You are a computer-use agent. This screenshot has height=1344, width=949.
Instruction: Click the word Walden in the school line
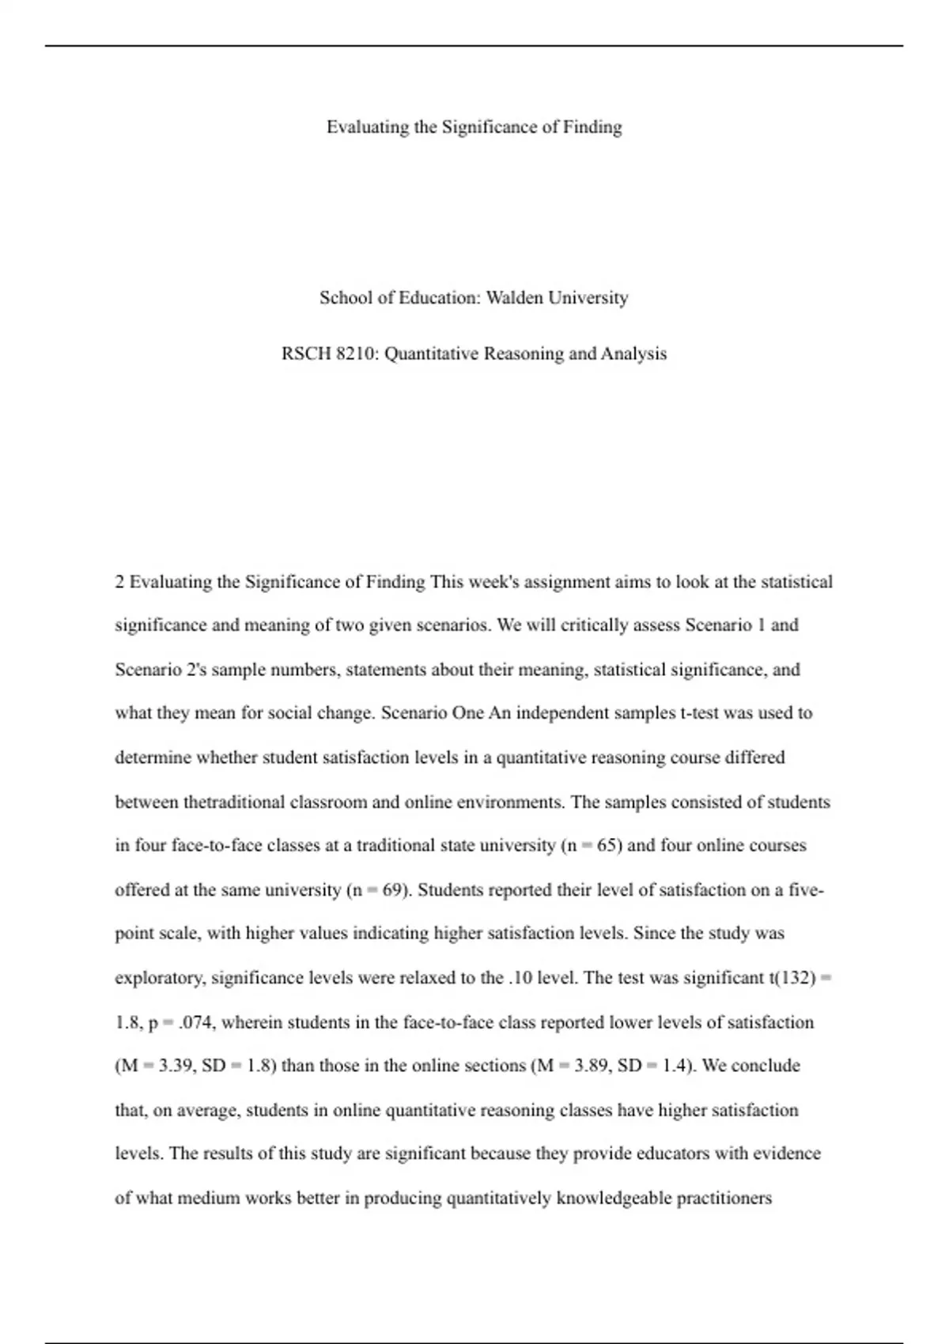pos(514,298)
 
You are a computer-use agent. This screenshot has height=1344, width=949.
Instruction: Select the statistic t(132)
pos(792,978)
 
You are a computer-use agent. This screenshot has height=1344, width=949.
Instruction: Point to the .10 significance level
pos(520,978)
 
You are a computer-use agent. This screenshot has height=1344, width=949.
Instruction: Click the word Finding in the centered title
pos(592,127)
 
